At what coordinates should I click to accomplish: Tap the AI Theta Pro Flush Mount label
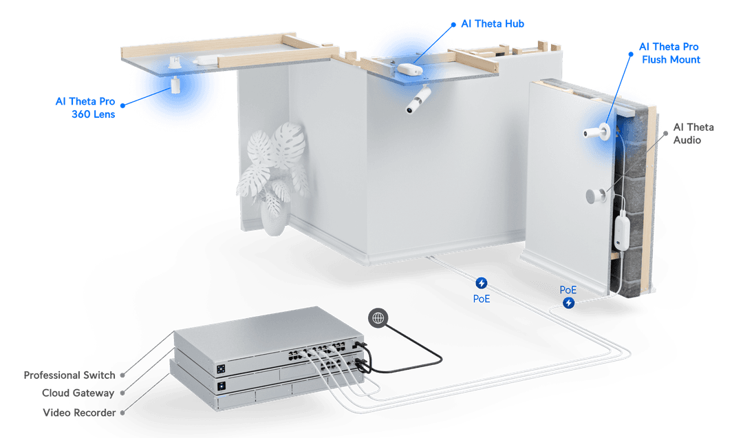(x=669, y=53)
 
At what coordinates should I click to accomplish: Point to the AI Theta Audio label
(x=693, y=134)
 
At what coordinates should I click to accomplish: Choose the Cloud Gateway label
(x=78, y=393)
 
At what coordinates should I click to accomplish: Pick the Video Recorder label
(x=78, y=412)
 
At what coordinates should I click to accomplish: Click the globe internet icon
(x=377, y=317)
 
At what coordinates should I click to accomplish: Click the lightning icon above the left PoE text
(x=482, y=282)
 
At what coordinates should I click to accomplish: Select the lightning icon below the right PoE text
(x=569, y=302)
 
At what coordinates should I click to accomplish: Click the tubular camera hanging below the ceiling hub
(x=418, y=101)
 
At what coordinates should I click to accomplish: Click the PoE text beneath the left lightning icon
(x=482, y=299)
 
